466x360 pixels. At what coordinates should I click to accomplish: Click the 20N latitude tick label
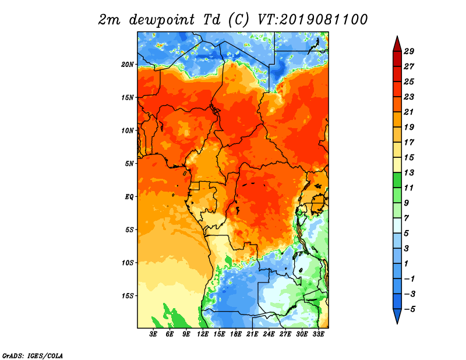[128, 64]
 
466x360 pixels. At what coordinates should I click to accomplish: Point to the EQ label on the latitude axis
[129, 196]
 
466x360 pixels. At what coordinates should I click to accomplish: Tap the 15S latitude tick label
[128, 295]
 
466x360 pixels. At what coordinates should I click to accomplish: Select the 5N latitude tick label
[130, 163]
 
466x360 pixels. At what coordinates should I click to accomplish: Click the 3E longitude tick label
[154, 334]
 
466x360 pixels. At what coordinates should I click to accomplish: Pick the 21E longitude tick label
[252, 334]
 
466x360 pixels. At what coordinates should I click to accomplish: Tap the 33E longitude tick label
[318, 334]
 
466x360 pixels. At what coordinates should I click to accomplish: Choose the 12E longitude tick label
[203, 334]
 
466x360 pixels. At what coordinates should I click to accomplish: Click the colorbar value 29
[408, 51]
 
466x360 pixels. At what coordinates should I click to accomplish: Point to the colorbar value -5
[408, 309]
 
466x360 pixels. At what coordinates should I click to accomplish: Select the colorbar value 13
[408, 172]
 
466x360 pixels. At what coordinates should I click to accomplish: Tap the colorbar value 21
[408, 112]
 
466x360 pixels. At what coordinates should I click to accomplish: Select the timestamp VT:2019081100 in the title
[312, 20]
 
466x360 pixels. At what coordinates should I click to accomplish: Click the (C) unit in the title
[239, 20]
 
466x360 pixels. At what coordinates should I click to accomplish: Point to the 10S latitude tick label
[128, 262]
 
